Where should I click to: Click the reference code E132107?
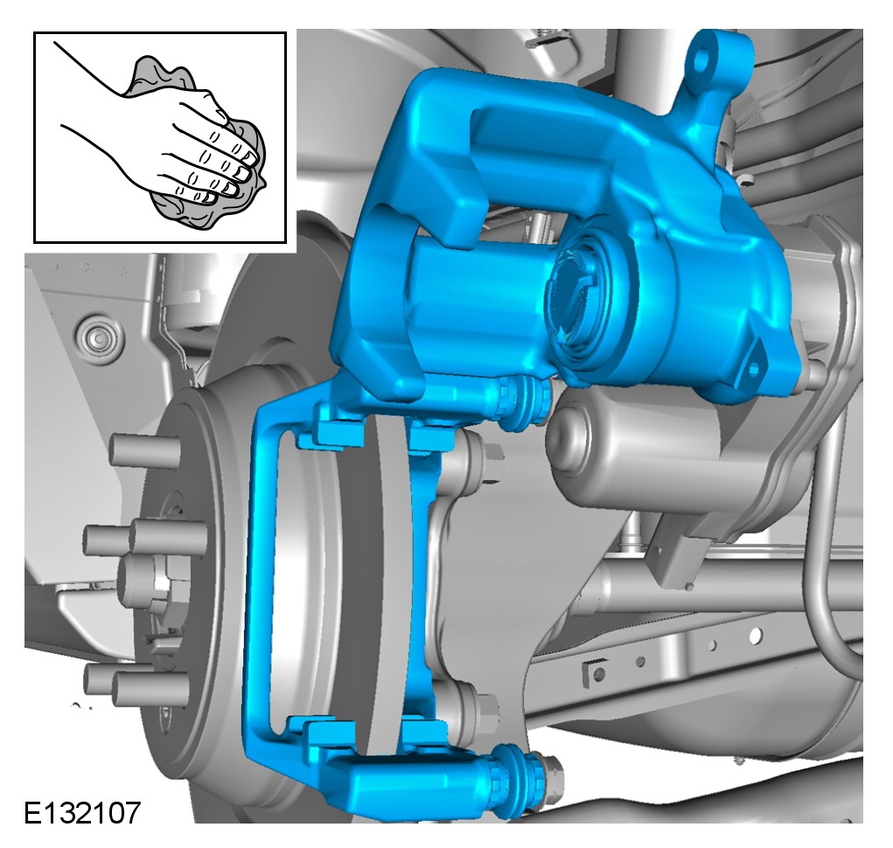point(82,812)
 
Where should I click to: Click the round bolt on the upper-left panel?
point(98,339)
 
